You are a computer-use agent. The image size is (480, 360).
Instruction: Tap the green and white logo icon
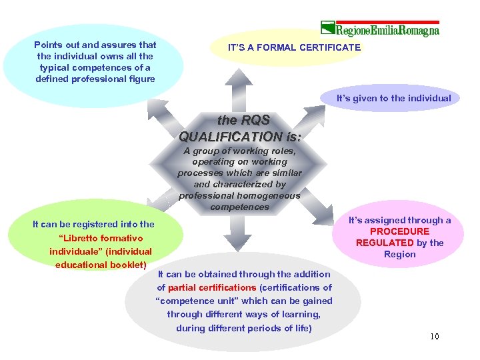[327, 29]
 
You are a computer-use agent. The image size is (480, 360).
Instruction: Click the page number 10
[435, 336]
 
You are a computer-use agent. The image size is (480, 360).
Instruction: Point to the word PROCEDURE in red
[400, 231]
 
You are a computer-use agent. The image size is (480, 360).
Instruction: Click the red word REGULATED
[385, 243]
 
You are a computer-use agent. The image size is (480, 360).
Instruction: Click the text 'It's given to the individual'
[393, 98]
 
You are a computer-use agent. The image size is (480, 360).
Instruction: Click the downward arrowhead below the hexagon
[238, 241]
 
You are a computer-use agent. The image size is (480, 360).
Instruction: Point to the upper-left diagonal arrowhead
[156, 109]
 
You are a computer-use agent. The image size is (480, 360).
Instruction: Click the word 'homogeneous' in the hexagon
[269, 195]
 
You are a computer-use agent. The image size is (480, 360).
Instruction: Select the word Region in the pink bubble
[400, 254]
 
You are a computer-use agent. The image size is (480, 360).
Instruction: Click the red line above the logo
[380, 21]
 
